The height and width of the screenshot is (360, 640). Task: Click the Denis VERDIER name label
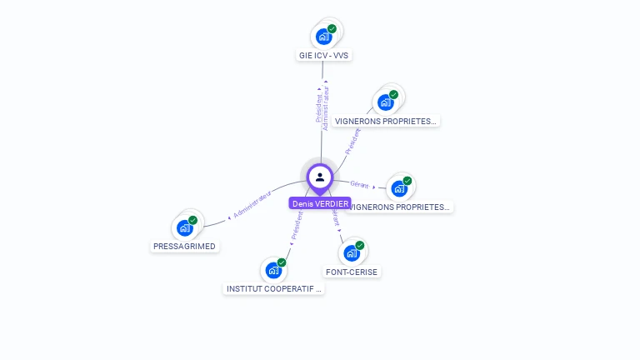320,203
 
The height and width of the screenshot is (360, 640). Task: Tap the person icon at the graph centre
320,177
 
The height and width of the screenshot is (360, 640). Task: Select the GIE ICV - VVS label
324,56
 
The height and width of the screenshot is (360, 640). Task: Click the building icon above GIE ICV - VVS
323,37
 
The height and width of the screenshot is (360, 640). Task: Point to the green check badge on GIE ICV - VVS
332,29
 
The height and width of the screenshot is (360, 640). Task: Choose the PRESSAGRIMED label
184,247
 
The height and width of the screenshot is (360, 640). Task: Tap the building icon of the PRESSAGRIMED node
184,227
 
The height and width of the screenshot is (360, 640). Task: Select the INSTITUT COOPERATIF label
274,289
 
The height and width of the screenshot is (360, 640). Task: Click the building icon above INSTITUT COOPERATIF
273,270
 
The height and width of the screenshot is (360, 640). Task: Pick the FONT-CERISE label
352,272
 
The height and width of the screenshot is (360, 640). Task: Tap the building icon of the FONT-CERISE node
352,252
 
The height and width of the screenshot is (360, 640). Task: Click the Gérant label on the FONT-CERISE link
335,218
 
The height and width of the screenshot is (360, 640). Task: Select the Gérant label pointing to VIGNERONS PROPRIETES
359,185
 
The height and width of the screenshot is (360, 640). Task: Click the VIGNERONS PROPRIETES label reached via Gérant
400,207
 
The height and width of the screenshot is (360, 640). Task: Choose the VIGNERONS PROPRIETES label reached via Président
385,121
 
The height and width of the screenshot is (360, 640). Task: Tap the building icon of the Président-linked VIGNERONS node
385,102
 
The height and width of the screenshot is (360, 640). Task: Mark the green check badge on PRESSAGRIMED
192,220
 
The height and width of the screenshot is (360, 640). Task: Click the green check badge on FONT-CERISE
360,245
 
